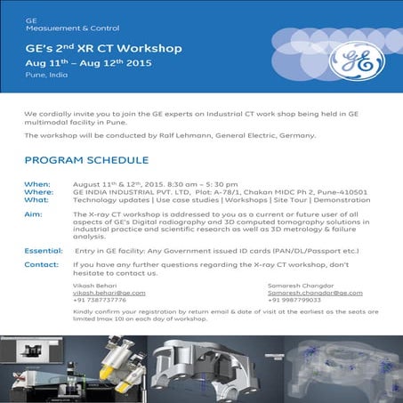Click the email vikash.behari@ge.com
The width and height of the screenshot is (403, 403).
click(x=109, y=293)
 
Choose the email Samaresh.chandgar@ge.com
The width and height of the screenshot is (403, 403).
click(x=284, y=293)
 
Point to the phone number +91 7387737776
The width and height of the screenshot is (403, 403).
click(x=100, y=301)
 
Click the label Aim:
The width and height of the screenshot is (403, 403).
click(x=33, y=214)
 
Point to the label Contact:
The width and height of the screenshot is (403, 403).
click(x=42, y=264)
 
